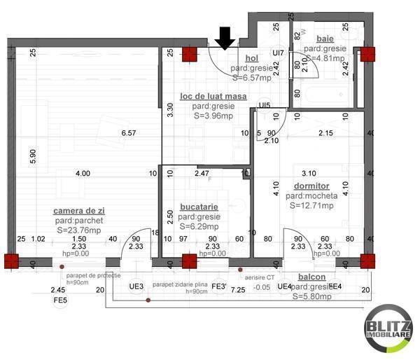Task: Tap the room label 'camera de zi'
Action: tap(82, 210)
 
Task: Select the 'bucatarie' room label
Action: tap(199, 207)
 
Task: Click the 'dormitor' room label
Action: tap(312, 186)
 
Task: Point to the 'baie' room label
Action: tap(325, 39)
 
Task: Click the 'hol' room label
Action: tap(252, 59)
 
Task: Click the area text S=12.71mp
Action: tap(313, 206)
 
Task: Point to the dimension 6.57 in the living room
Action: tap(128, 132)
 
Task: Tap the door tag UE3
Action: tap(136, 287)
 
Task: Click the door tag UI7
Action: tap(278, 53)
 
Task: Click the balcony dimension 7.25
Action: tap(238, 289)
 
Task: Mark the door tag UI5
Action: tap(264, 106)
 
